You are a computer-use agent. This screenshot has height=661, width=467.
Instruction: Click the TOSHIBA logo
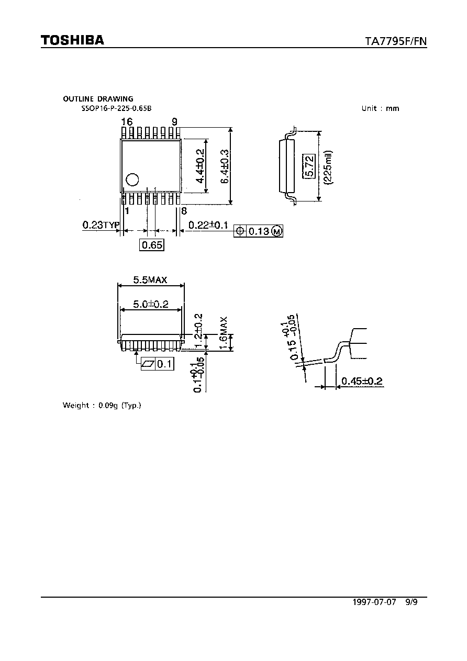tap(73, 40)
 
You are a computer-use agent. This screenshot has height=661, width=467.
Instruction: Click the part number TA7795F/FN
tap(396, 41)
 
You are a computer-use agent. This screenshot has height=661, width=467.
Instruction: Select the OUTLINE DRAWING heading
tap(98, 99)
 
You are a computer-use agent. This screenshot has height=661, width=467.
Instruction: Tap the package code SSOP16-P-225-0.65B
tap(117, 108)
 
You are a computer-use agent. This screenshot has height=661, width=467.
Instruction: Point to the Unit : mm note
tap(380, 108)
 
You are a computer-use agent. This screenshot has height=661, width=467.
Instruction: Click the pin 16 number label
tap(127, 121)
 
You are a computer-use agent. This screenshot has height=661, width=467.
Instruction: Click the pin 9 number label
tap(174, 121)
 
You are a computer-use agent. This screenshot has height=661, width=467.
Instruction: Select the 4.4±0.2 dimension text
tap(200, 166)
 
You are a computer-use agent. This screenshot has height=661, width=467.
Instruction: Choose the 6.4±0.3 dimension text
tap(225, 166)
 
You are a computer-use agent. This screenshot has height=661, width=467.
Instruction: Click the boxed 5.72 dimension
tap(309, 166)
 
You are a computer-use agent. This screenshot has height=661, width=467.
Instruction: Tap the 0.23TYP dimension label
tap(101, 225)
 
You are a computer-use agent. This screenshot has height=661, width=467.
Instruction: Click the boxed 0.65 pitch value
tap(152, 245)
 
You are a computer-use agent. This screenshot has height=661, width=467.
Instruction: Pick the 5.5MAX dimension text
tap(150, 279)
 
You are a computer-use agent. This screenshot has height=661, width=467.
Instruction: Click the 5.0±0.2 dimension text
tap(151, 304)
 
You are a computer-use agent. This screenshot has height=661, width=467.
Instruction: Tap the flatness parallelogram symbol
tap(148, 364)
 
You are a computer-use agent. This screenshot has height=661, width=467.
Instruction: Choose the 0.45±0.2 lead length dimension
tap(362, 381)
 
